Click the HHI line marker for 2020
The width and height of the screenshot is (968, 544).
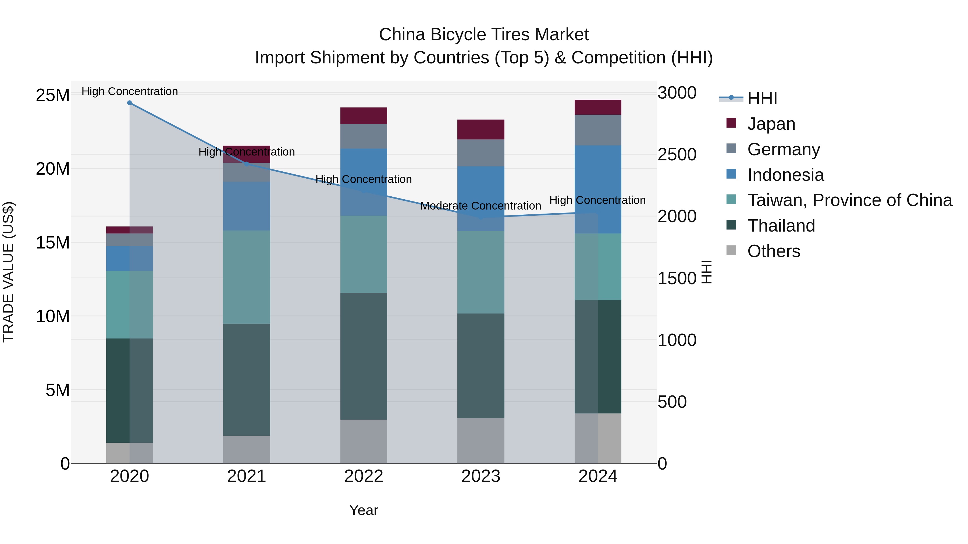click(129, 103)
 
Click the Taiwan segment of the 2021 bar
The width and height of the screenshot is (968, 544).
click(247, 277)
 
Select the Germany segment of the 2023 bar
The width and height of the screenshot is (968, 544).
click(481, 153)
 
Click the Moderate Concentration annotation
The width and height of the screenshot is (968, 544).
click(481, 206)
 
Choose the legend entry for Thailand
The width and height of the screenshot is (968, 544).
click(781, 226)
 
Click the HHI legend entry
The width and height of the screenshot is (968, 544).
click(762, 98)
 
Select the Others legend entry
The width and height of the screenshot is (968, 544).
click(773, 251)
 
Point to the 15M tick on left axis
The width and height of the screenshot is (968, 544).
click(53, 243)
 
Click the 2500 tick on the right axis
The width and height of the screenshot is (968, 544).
click(677, 155)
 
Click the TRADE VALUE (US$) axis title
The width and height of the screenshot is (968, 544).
click(8, 272)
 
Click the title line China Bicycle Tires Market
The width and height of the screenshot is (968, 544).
click(484, 35)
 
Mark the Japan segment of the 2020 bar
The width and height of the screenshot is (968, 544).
click(129, 230)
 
